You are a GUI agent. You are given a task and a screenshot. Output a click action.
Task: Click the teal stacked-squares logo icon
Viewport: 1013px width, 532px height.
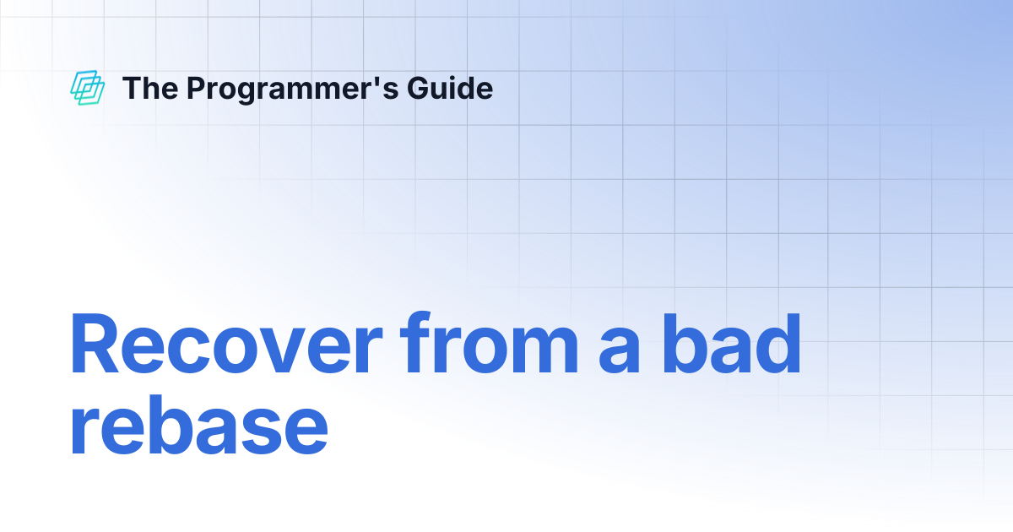[x=87, y=88]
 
